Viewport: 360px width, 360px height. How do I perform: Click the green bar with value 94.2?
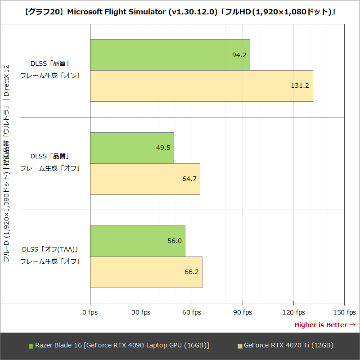coord(170,54)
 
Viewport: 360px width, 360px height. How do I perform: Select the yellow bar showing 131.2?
coord(201,85)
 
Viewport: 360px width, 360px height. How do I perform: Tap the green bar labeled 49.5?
coord(132,148)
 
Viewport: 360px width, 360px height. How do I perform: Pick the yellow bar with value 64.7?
coord(145,179)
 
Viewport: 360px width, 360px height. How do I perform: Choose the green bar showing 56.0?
coord(137,241)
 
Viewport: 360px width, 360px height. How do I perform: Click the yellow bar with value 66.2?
coord(146,272)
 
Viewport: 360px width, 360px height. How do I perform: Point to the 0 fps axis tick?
coord(90,312)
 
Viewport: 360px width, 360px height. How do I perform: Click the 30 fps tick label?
coord(141,312)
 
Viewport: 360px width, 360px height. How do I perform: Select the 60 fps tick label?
coord(192,312)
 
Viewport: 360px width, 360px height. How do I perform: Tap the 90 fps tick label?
coord(243,312)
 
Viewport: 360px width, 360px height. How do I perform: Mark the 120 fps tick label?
coord(293,312)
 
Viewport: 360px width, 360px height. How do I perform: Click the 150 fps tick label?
coord(345,312)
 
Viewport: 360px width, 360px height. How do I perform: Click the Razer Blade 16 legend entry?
coord(119,346)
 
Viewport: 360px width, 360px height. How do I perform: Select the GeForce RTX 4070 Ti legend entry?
coord(285,346)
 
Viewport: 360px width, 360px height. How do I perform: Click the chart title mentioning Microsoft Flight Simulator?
coord(180,12)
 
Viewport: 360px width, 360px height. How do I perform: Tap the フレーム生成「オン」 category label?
coord(50,76)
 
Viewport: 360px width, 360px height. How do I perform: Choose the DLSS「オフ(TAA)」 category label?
coord(50,249)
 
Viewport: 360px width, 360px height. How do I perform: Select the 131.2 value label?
coord(300,85)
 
